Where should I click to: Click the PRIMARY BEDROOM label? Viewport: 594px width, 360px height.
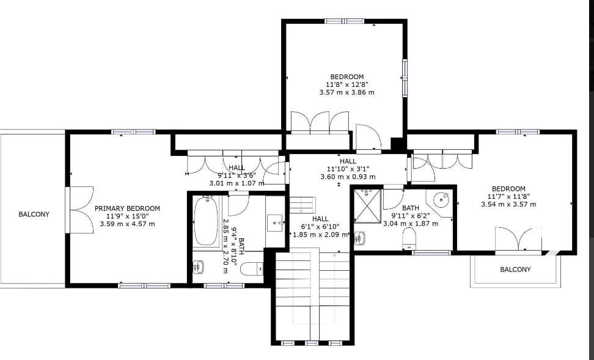coord(127,208)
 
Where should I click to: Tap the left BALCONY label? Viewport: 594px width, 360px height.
coord(34,214)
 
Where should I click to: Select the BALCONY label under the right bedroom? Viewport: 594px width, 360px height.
coord(515,270)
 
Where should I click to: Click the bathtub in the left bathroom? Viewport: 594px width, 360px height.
coord(206,222)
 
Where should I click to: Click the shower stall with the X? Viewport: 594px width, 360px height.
coord(367,206)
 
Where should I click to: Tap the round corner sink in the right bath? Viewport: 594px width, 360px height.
coord(441,199)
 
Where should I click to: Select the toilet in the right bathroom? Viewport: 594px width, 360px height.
coord(409,239)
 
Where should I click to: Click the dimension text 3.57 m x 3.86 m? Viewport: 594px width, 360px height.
coord(347,92)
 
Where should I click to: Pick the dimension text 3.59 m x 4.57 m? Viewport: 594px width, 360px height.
coord(127,224)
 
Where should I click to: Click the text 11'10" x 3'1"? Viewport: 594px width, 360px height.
coord(348,169)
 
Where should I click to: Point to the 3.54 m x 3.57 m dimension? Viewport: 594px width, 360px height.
coord(508,204)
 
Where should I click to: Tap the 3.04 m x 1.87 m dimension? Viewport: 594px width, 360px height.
coord(411,224)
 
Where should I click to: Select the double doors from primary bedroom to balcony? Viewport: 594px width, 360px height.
coord(80,210)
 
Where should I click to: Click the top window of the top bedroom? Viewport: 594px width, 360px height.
coord(344,21)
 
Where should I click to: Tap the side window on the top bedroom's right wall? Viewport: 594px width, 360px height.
coord(405,78)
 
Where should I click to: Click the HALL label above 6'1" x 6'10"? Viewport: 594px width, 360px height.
coord(320,219)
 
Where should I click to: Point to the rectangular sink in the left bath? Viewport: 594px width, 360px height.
coord(275,223)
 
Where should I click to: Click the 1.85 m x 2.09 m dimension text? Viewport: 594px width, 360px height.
coord(320,235)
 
